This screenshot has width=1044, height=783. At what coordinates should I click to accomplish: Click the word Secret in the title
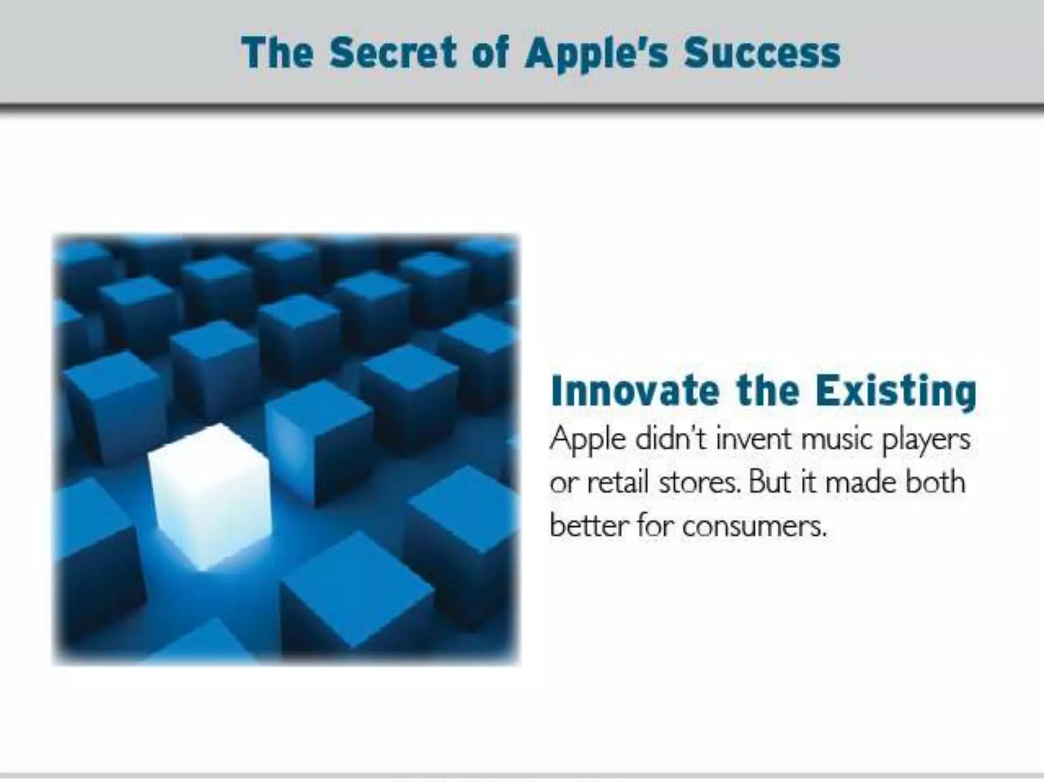pos(392,53)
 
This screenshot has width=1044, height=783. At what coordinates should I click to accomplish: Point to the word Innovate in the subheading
pos(635,391)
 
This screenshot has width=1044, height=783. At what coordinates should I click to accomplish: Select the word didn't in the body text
pos(671,438)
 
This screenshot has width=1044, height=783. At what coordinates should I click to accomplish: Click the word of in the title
pos(490,53)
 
